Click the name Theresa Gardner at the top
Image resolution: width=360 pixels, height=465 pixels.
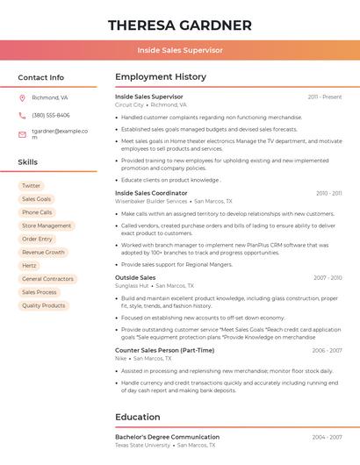179,25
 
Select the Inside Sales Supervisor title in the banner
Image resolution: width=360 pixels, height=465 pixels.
179,50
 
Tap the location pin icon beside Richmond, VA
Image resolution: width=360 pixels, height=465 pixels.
22,97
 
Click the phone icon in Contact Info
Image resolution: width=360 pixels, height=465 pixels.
22,115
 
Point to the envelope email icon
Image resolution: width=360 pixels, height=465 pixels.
22,134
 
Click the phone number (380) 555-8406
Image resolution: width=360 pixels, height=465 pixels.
50,115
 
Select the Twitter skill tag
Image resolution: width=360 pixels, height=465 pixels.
31,186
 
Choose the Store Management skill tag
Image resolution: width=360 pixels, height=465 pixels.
47,225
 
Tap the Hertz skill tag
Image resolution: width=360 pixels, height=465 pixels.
29,265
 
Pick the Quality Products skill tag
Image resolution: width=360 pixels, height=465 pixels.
43,305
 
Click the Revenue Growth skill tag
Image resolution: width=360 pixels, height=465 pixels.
43,252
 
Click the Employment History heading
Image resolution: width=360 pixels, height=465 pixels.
161,77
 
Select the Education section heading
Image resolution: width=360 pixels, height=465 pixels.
138,417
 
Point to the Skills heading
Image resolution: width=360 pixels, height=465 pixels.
28,162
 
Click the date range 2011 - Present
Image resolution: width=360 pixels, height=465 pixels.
324,97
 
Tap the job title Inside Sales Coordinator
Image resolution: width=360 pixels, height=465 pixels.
151,193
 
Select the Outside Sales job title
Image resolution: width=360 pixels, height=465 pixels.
135,277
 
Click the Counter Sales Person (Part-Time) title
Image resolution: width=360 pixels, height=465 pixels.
164,350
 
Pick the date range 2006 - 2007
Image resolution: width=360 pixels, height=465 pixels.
327,350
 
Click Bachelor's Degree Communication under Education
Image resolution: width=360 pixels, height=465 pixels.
167,436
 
